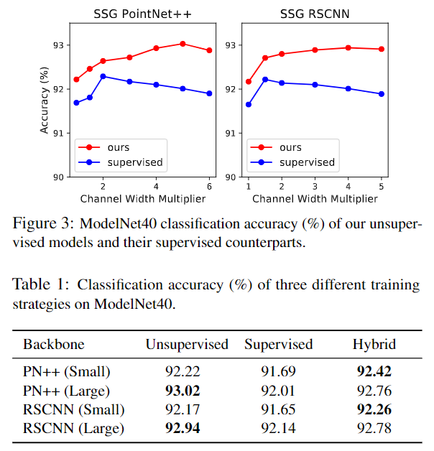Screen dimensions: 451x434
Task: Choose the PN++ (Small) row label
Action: click(x=66, y=372)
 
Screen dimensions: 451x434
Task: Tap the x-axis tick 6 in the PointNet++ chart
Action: click(x=209, y=184)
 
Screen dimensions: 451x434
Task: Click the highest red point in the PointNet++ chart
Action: click(x=183, y=44)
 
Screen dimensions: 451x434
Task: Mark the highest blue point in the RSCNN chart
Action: click(x=265, y=79)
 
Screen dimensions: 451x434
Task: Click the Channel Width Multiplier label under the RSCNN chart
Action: click(x=315, y=197)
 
